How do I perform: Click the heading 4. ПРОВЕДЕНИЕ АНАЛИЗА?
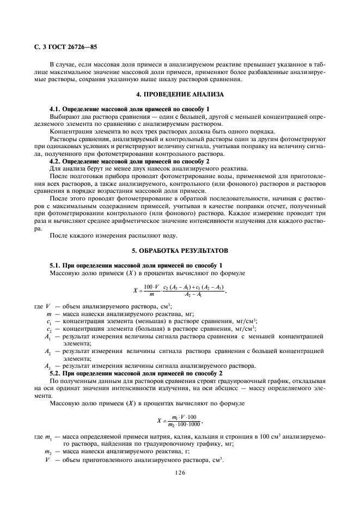[x=180, y=94]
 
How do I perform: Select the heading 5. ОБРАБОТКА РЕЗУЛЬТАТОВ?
[x=180, y=251]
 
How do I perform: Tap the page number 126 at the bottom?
[x=180, y=473]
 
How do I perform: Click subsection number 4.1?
[x=56, y=110]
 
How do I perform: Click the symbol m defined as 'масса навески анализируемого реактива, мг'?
[x=48, y=314]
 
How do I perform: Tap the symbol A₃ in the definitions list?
[x=48, y=366]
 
